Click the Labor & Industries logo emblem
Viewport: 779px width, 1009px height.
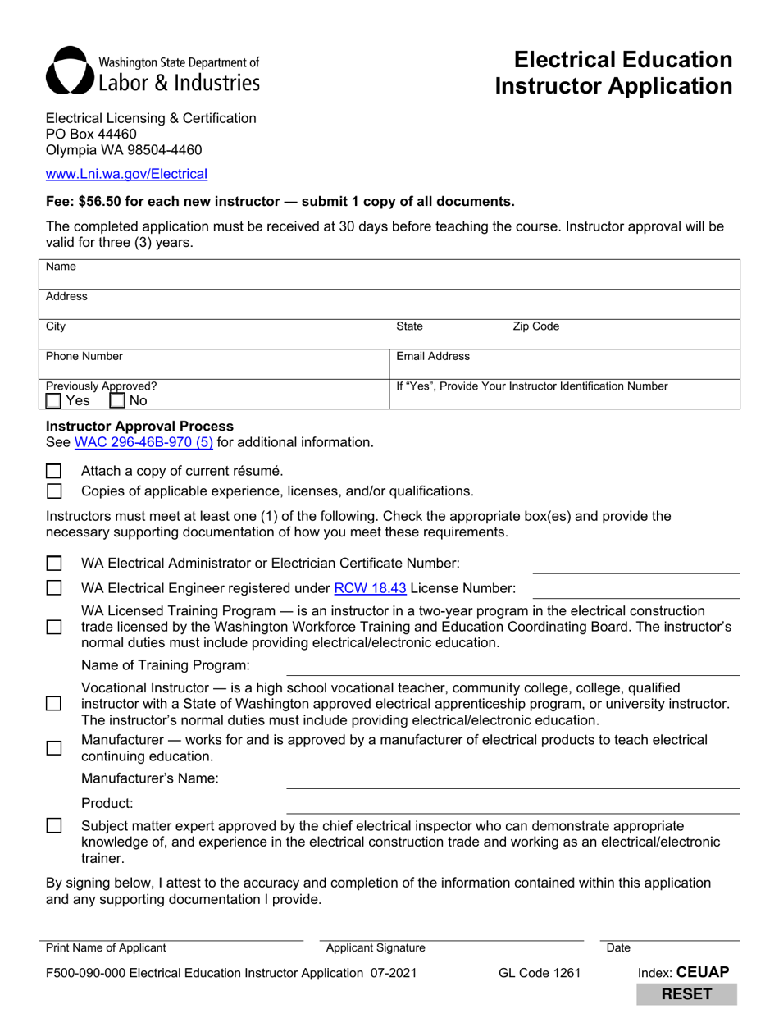pos(69,70)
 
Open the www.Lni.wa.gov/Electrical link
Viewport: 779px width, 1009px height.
pos(126,174)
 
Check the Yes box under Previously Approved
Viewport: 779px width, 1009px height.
pos(53,401)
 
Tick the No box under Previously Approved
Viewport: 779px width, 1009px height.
pos(117,401)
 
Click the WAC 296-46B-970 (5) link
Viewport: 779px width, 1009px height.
pos(143,443)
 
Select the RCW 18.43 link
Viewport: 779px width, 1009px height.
pos(370,587)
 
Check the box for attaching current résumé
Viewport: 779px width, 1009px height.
pos(54,471)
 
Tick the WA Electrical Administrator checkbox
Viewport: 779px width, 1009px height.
pos(54,564)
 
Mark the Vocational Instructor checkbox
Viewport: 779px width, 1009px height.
pos(54,704)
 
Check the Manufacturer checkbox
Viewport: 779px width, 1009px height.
pos(54,748)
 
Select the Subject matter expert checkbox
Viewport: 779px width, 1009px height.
pos(54,826)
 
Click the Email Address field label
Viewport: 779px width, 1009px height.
pos(433,356)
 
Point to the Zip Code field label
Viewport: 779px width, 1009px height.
pos(535,326)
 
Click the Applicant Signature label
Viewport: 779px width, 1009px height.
pos(376,948)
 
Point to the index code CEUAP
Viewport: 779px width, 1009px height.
pos(702,972)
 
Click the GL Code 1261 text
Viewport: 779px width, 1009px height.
pos(539,974)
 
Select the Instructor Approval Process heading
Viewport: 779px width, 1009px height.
pos(139,427)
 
